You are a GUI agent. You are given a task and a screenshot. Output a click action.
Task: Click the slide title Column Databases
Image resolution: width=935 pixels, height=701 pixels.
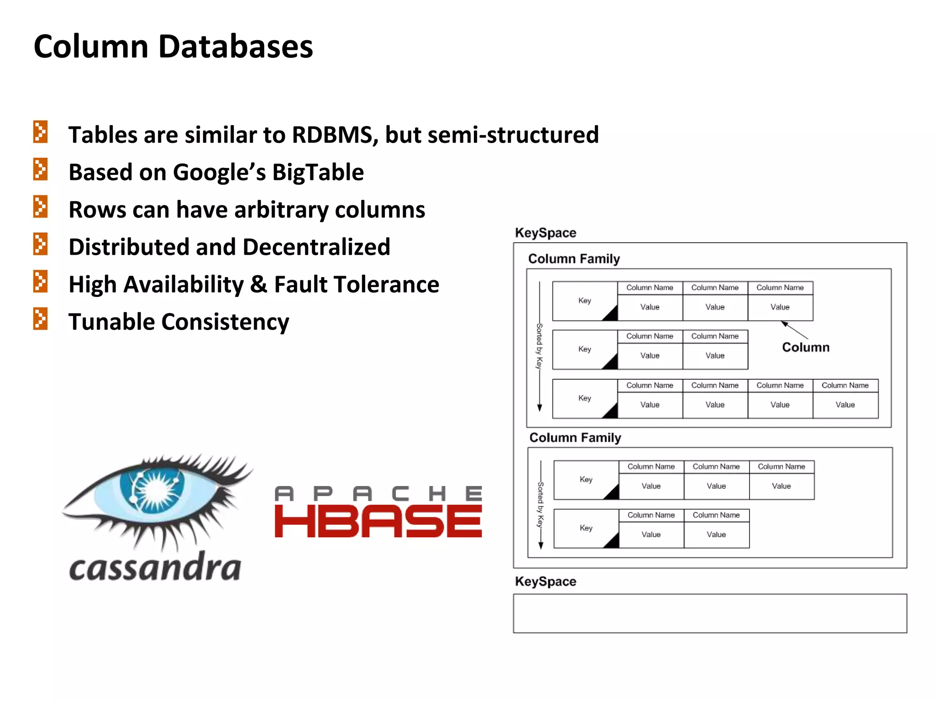pyautogui.click(x=173, y=47)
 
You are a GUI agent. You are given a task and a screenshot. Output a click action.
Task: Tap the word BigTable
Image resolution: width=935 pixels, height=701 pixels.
pyautogui.click(x=318, y=173)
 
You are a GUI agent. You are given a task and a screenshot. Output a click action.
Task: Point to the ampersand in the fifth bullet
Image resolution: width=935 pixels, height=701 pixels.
pyautogui.click(x=258, y=284)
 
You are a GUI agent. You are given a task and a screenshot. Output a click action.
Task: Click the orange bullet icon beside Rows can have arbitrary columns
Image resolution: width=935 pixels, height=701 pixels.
pyautogui.click(x=40, y=206)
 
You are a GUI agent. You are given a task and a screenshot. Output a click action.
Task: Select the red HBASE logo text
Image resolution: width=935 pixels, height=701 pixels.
pyautogui.click(x=378, y=521)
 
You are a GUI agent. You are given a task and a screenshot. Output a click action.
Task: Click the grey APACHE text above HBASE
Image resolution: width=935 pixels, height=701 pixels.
pyautogui.click(x=378, y=493)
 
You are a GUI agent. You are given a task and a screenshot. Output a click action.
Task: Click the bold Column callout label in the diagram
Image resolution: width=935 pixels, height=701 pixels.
pyautogui.click(x=805, y=347)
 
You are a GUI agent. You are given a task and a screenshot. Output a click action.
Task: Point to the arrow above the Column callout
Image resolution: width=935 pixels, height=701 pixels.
pyautogui.click(x=794, y=330)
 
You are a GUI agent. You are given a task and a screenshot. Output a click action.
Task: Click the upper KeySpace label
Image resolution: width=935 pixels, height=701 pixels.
pyautogui.click(x=545, y=233)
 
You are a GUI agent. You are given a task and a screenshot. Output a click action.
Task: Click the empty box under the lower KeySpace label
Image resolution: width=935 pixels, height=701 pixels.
pyautogui.click(x=709, y=613)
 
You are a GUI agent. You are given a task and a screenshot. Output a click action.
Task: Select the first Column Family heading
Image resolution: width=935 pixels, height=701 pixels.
pyautogui.click(x=573, y=259)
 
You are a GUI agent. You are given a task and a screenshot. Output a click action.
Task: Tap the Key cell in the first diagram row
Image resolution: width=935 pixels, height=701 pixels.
pyautogui.click(x=584, y=301)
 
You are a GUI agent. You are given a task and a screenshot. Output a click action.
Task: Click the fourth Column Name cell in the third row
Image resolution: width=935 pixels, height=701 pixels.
pyautogui.click(x=845, y=386)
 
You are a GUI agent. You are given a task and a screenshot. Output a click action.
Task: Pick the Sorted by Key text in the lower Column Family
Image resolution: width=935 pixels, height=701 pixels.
pyautogui.click(x=541, y=504)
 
